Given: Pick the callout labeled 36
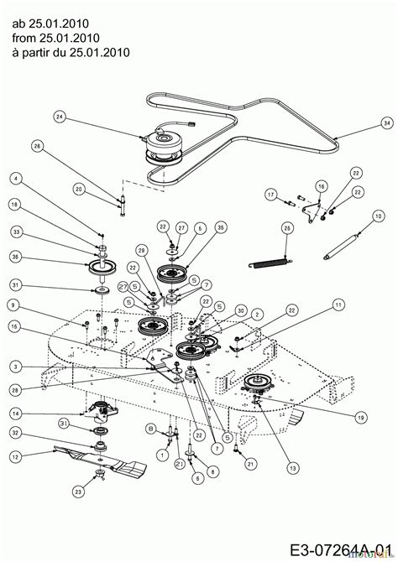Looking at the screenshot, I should (15, 258).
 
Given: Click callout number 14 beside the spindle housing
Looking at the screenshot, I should (15, 413).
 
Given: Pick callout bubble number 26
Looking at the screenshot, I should (37, 146).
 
